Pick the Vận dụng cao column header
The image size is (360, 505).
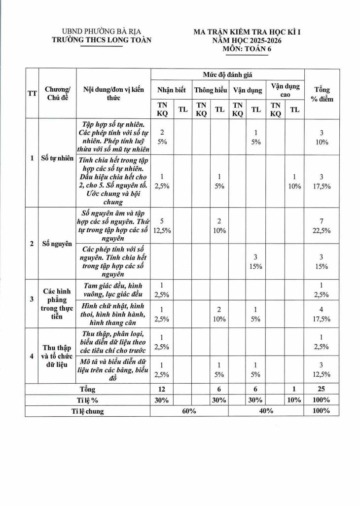(285, 90)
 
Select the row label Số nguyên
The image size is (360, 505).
(59, 244)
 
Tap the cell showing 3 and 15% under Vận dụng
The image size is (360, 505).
(255, 261)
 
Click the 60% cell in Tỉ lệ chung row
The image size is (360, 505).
(189, 411)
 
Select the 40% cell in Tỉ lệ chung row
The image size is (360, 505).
(266, 411)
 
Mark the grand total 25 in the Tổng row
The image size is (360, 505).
(321, 390)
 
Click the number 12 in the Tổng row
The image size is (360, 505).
(162, 390)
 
